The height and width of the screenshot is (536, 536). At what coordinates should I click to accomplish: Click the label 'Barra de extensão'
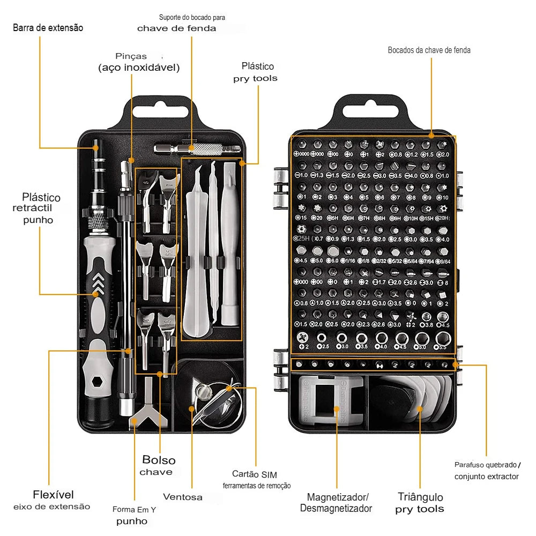[x=48, y=27]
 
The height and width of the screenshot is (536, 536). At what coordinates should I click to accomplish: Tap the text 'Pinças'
[x=131, y=56]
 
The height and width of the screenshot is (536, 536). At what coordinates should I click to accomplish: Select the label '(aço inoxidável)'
[x=138, y=68]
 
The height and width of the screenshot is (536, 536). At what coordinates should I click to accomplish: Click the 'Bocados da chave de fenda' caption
[x=429, y=50]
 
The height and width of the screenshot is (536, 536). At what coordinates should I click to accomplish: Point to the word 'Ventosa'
[x=183, y=497]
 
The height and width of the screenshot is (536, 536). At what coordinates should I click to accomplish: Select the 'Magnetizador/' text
[x=338, y=497]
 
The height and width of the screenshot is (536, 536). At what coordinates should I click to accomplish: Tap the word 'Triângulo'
[x=420, y=496]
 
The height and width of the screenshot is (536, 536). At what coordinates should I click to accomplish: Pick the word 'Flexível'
[x=53, y=494]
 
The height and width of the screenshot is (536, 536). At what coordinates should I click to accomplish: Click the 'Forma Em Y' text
[x=134, y=510]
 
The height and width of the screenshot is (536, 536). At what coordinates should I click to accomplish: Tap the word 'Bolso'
[x=159, y=460]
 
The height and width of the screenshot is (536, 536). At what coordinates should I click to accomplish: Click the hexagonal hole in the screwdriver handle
[x=97, y=382]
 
